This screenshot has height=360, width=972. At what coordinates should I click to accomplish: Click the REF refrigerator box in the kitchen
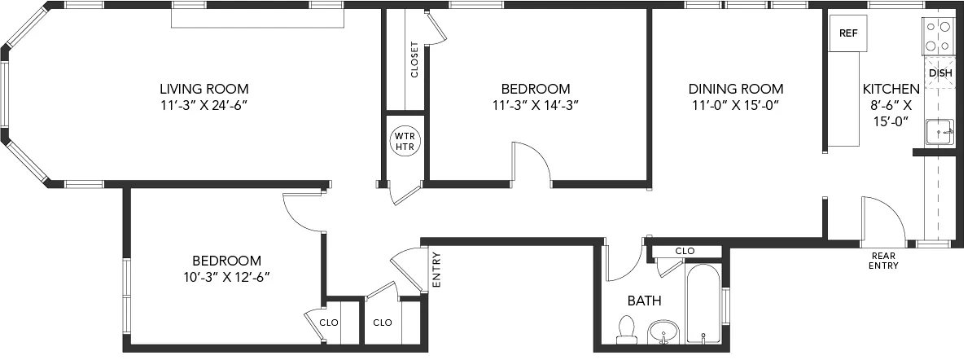(x=848, y=33)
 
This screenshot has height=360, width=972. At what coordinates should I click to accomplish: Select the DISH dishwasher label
(x=940, y=72)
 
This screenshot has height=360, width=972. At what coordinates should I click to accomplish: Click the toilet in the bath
(x=626, y=330)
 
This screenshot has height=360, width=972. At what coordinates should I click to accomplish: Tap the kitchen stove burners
(x=939, y=35)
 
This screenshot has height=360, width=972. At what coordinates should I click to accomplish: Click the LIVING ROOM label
(x=204, y=89)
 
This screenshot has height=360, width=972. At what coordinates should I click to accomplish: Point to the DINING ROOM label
(x=736, y=89)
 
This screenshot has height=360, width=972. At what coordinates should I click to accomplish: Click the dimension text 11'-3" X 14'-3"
(x=535, y=105)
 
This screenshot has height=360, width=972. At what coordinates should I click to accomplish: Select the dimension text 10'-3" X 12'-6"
(x=226, y=277)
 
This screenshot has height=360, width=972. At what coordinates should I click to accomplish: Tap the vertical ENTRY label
(x=436, y=269)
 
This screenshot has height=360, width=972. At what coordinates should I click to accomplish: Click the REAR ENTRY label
(x=883, y=260)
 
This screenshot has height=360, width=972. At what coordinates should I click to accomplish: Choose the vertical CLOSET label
(x=414, y=59)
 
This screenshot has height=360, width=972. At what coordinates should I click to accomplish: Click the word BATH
(x=644, y=301)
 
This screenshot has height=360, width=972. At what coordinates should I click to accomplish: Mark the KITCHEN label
(x=891, y=89)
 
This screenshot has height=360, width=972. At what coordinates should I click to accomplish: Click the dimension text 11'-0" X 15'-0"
(x=736, y=105)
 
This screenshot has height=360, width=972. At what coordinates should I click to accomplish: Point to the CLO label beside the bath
(x=685, y=251)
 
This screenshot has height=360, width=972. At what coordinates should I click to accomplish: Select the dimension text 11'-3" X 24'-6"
(x=204, y=105)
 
